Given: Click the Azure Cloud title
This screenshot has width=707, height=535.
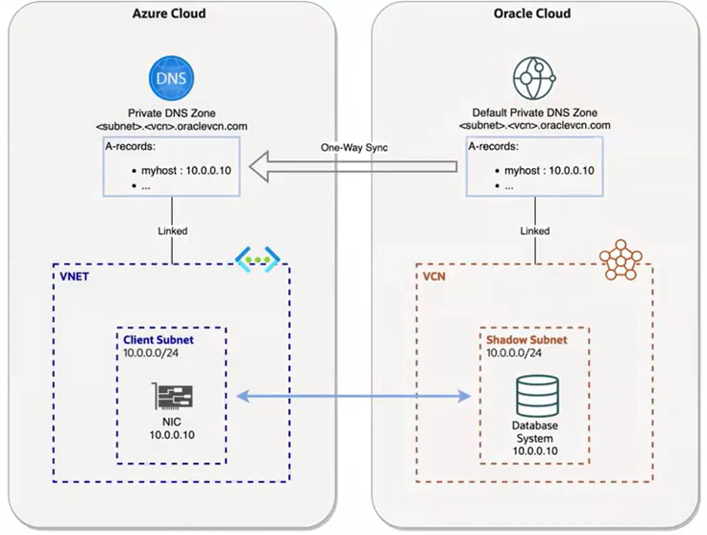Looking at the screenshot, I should [168, 13].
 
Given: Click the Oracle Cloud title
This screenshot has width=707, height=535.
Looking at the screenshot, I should [531, 13].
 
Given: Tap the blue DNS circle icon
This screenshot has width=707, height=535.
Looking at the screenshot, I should [173, 78].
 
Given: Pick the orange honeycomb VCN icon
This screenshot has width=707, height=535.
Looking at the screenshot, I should [620, 259].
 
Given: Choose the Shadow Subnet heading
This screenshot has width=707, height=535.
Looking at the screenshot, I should [526, 340].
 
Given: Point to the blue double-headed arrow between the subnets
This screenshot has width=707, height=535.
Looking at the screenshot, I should [353, 396].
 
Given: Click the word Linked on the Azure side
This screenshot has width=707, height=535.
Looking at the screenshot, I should [173, 231].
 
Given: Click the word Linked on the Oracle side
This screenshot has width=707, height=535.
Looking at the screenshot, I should [535, 231].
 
